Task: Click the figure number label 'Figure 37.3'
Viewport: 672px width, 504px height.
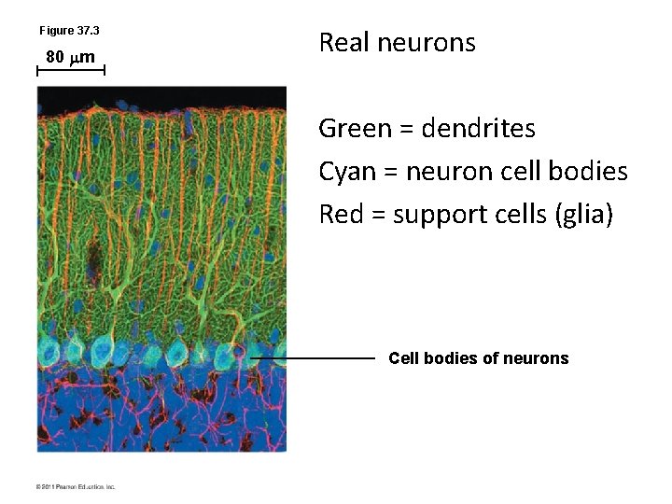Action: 69,32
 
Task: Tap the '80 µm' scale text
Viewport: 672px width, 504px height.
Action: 71,58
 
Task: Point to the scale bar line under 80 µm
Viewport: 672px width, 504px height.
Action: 70,70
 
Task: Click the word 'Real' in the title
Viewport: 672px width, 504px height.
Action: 341,43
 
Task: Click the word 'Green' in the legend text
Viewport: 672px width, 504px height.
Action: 349,128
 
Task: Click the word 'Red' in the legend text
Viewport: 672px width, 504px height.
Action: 337,215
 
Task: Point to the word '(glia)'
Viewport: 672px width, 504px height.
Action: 583,216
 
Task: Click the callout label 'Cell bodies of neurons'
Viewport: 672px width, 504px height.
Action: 478,358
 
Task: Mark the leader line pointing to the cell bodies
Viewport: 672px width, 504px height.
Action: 313,357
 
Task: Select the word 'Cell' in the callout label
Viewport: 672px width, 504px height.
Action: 403,358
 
